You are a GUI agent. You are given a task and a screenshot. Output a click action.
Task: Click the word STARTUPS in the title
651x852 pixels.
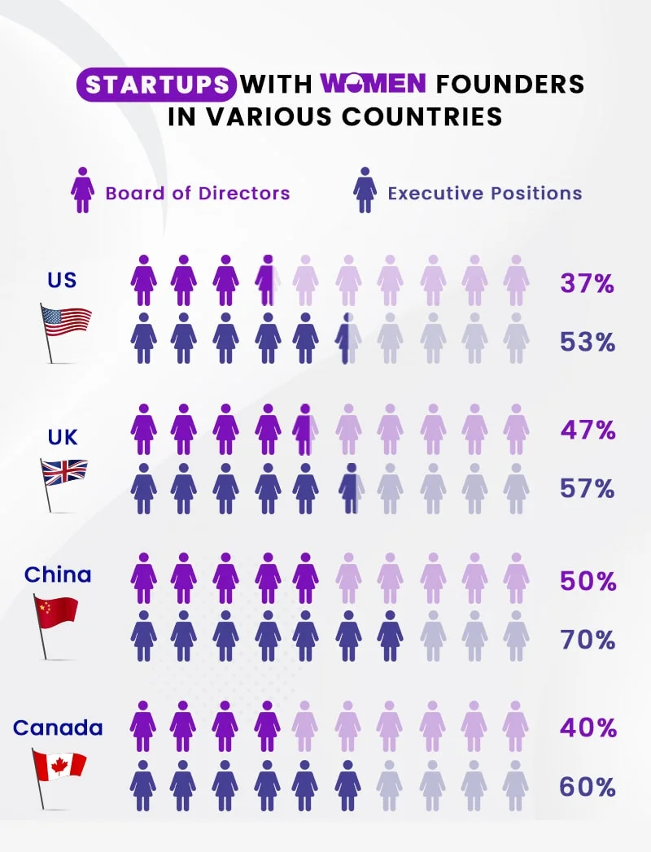click(155, 84)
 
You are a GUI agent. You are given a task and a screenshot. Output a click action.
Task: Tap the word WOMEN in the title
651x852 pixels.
click(374, 84)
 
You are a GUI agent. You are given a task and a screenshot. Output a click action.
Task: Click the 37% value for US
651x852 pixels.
click(587, 284)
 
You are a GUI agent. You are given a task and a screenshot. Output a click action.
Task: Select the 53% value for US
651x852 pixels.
click(587, 342)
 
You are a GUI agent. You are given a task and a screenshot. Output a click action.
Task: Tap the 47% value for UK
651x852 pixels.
click(588, 430)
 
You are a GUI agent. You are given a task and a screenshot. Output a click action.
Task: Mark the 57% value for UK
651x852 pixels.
click(587, 488)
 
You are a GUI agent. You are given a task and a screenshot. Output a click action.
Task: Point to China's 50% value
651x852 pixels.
click(588, 581)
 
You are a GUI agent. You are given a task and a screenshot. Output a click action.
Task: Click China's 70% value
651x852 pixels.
click(587, 640)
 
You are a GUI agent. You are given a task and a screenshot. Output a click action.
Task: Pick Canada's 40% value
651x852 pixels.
click(588, 727)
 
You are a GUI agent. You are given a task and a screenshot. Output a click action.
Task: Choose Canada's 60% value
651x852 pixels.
click(587, 786)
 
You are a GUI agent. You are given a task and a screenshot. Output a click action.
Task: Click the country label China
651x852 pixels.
click(58, 575)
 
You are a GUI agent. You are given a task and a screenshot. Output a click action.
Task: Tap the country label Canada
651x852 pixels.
click(58, 727)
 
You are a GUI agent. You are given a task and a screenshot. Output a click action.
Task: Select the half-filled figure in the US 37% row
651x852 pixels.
click(267, 280)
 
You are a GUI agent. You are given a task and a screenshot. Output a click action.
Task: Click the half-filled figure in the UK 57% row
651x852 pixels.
click(350, 488)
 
